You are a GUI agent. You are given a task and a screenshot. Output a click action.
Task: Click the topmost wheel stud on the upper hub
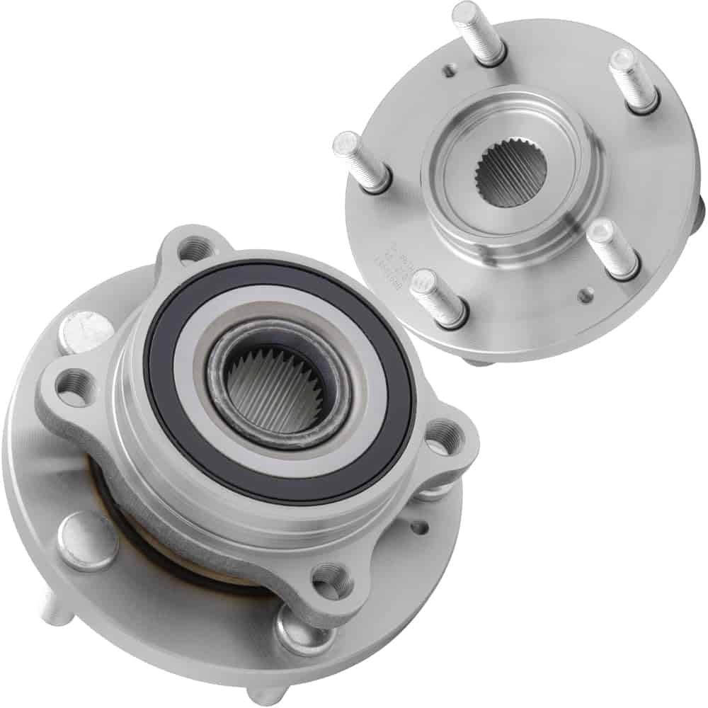[x=479, y=32]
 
